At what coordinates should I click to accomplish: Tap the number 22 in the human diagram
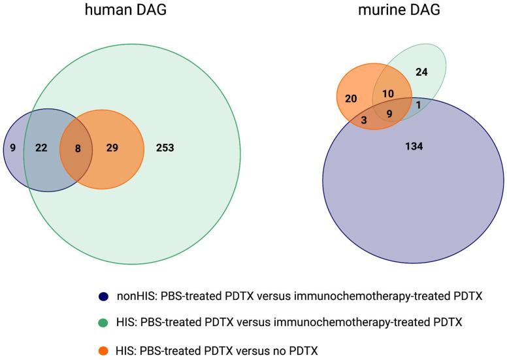(x=41, y=148)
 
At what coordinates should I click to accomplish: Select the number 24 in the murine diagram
(x=421, y=72)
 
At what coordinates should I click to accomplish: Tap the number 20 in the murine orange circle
(x=351, y=98)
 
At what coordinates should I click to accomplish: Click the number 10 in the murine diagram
(x=388, y=93)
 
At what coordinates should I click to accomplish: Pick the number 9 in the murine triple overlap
(x=389, y=114)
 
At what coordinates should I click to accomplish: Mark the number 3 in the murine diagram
(x=363, y=119)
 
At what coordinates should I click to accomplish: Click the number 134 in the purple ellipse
(x=414, y=146)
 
